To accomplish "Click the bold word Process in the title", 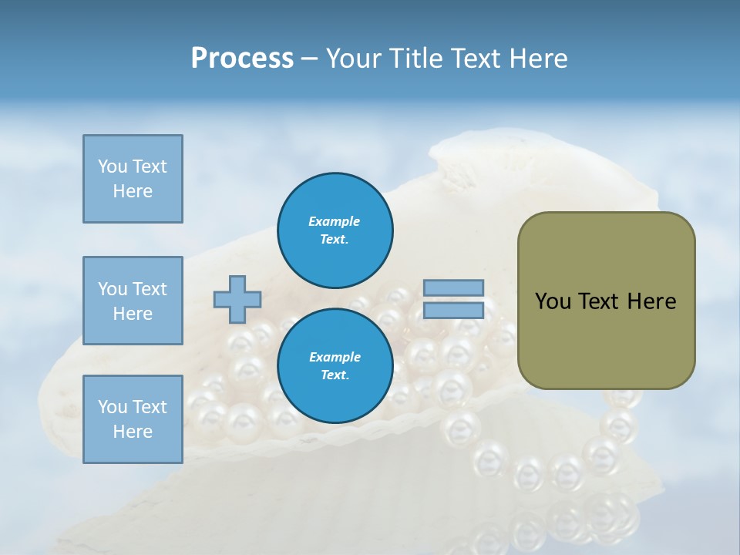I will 242,59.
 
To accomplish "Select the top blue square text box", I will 133,179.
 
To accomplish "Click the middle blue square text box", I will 133,301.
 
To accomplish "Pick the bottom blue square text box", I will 133,419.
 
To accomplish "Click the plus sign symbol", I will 237,299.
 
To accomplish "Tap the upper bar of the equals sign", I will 453,288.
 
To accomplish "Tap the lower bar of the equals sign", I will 453,311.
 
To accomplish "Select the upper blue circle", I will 335,230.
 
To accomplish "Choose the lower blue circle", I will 335,365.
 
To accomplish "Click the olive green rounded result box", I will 606,301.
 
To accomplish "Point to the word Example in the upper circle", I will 335,221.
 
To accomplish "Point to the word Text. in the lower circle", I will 335,375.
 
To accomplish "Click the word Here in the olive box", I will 651,301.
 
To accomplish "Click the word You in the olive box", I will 553,301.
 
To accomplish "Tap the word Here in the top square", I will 133,191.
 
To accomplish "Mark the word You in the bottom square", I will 112,407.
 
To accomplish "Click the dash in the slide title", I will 309,59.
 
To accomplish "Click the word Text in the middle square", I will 149,289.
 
